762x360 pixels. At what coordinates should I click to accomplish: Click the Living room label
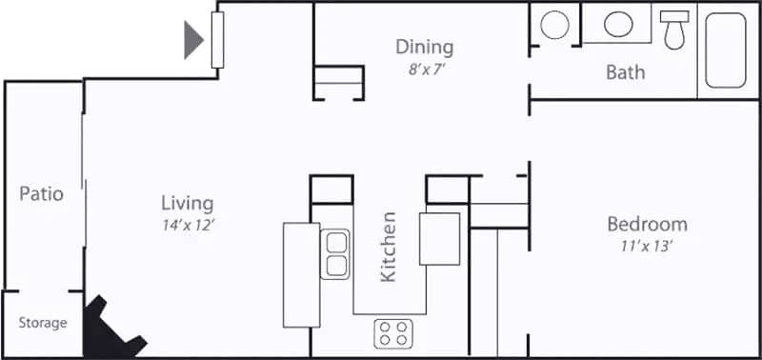pos(187,203)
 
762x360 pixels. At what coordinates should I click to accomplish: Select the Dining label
pos(424,47)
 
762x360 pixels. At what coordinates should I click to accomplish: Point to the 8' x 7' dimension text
pos(424,69)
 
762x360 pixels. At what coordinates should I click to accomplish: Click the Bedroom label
pos(647,225)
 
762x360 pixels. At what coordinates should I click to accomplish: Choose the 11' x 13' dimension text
pos(647,246)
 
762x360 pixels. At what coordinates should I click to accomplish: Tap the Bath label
pos(625,71)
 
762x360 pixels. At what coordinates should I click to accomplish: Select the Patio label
pos(42,194)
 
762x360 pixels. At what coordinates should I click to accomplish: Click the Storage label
pos(43,323)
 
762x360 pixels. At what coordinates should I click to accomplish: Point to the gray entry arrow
pos(193,39)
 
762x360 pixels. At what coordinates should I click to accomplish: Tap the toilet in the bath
pos(675,30)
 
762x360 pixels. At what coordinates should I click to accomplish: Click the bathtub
pos(727,50)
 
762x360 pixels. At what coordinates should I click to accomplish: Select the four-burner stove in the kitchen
pos(393,332)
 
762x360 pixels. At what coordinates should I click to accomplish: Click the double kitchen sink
pos(335,252)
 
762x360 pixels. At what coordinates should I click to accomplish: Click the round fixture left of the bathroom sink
pos(553,25)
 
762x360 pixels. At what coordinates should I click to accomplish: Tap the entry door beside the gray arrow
pos(217,39)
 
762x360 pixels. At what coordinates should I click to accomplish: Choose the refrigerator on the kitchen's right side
pos(439,238)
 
